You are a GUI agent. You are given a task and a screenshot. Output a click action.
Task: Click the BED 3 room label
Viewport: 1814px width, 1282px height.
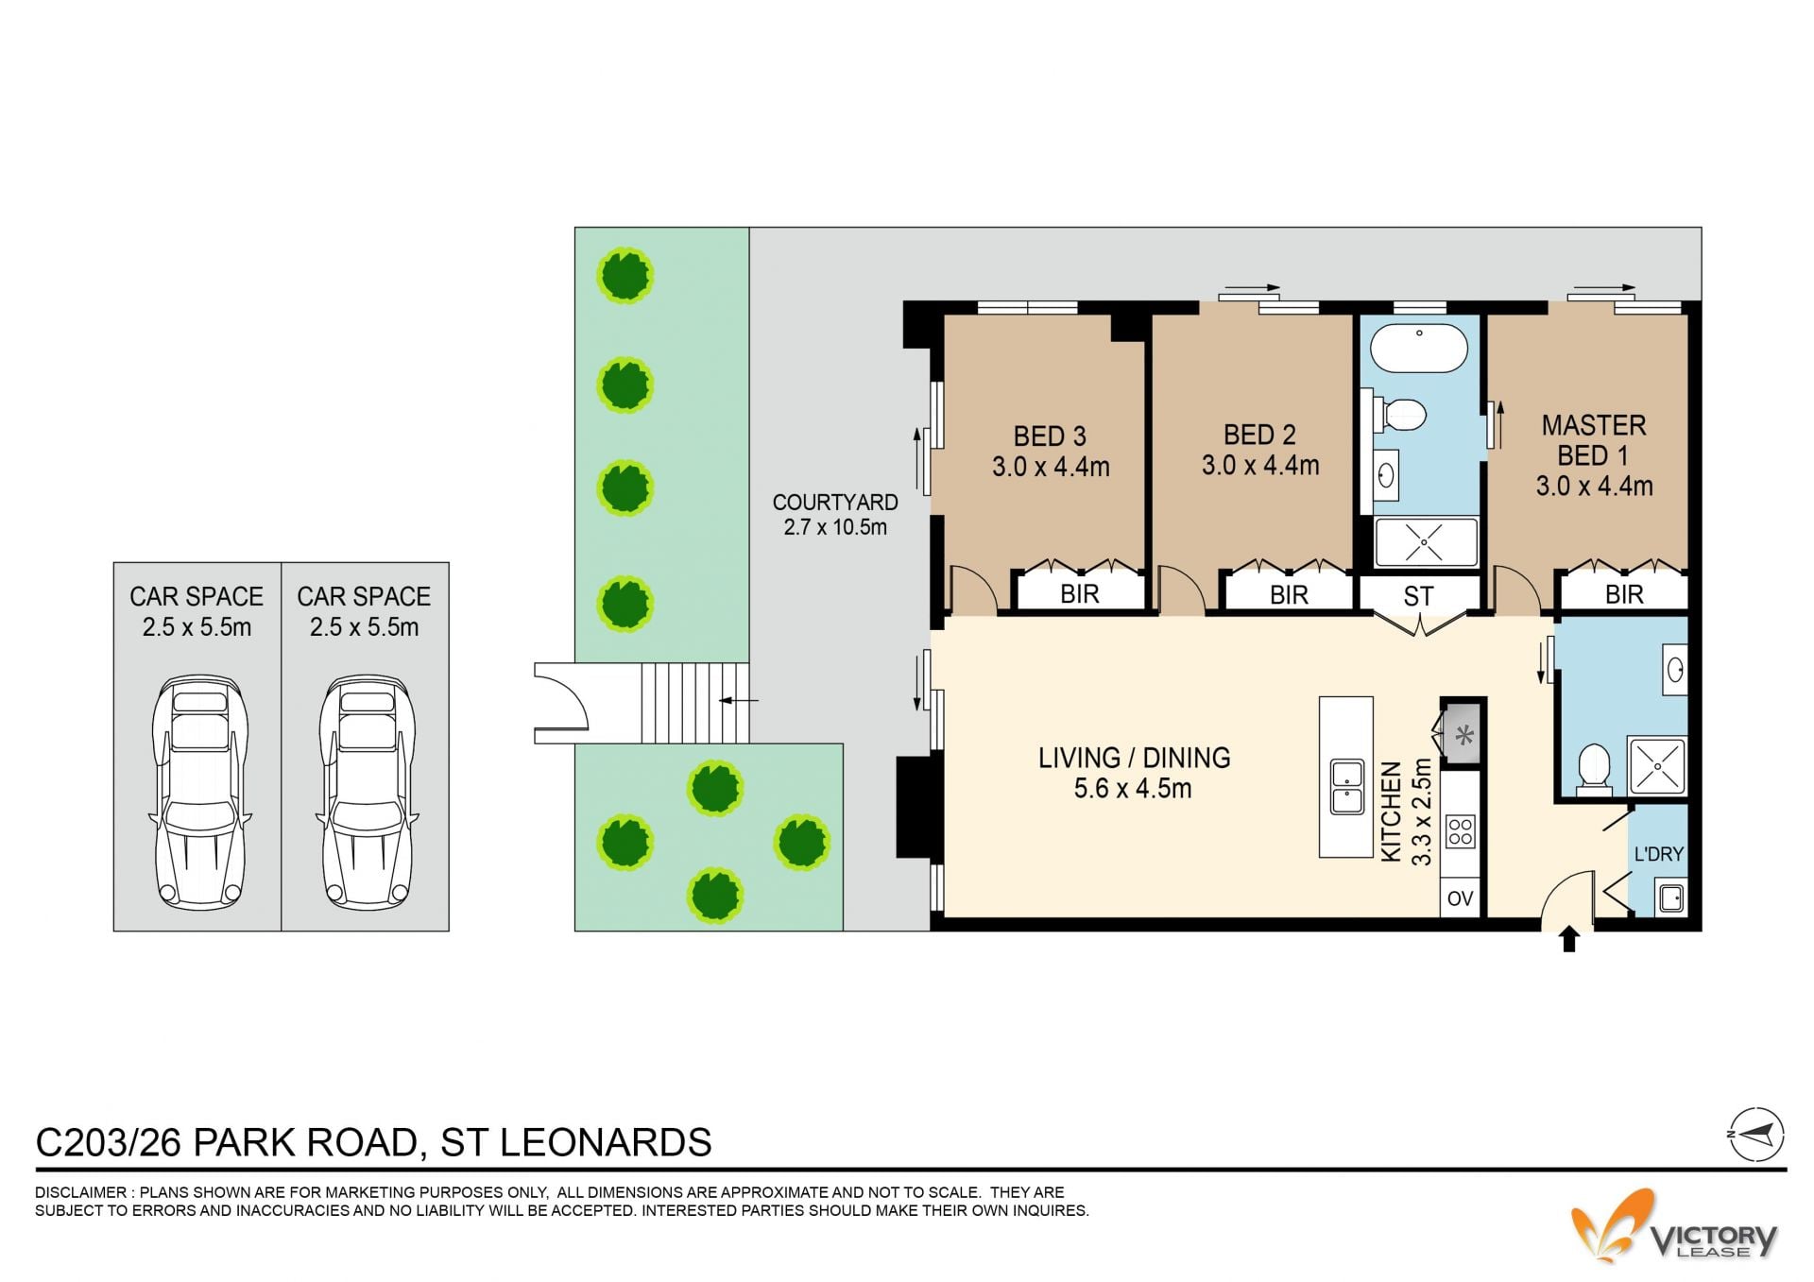point(1050,436)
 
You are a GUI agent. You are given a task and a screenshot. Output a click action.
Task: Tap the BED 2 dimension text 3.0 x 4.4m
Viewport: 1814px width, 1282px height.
point(1260,465)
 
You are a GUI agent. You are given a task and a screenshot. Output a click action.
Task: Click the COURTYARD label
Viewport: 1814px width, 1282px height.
point(835,503)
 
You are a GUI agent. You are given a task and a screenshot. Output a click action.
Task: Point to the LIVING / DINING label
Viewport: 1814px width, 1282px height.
point(1134,758)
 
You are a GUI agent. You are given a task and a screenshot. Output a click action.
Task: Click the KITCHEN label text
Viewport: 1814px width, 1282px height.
point(1391,812)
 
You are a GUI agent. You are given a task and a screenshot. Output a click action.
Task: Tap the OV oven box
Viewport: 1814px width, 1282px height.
point(1461,898)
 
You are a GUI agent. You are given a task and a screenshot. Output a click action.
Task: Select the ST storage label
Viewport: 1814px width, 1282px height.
point(1418,596)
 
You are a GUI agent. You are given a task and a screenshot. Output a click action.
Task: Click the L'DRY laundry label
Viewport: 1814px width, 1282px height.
point(1658,854)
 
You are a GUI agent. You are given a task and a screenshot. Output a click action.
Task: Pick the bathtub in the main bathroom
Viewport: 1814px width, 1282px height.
point(1418,348)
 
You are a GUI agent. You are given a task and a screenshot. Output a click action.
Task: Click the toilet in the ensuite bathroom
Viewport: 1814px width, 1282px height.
point(1594,767)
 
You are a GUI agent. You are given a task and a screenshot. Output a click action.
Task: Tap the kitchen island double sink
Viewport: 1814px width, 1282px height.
point(1346,786)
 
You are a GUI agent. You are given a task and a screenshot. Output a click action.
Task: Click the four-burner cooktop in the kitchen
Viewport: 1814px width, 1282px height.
point(1461,831)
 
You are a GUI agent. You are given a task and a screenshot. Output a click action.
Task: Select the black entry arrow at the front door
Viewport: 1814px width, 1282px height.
point(1569,938)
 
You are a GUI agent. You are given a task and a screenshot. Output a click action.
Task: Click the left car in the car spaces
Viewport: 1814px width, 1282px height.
point(199,792)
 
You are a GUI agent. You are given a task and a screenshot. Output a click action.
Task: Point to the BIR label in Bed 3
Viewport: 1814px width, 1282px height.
point(1080,594)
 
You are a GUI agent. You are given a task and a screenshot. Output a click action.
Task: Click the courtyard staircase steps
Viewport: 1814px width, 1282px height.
point(694,703)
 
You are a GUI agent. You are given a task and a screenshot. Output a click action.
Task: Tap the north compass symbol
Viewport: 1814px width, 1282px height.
point(1756,1134)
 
